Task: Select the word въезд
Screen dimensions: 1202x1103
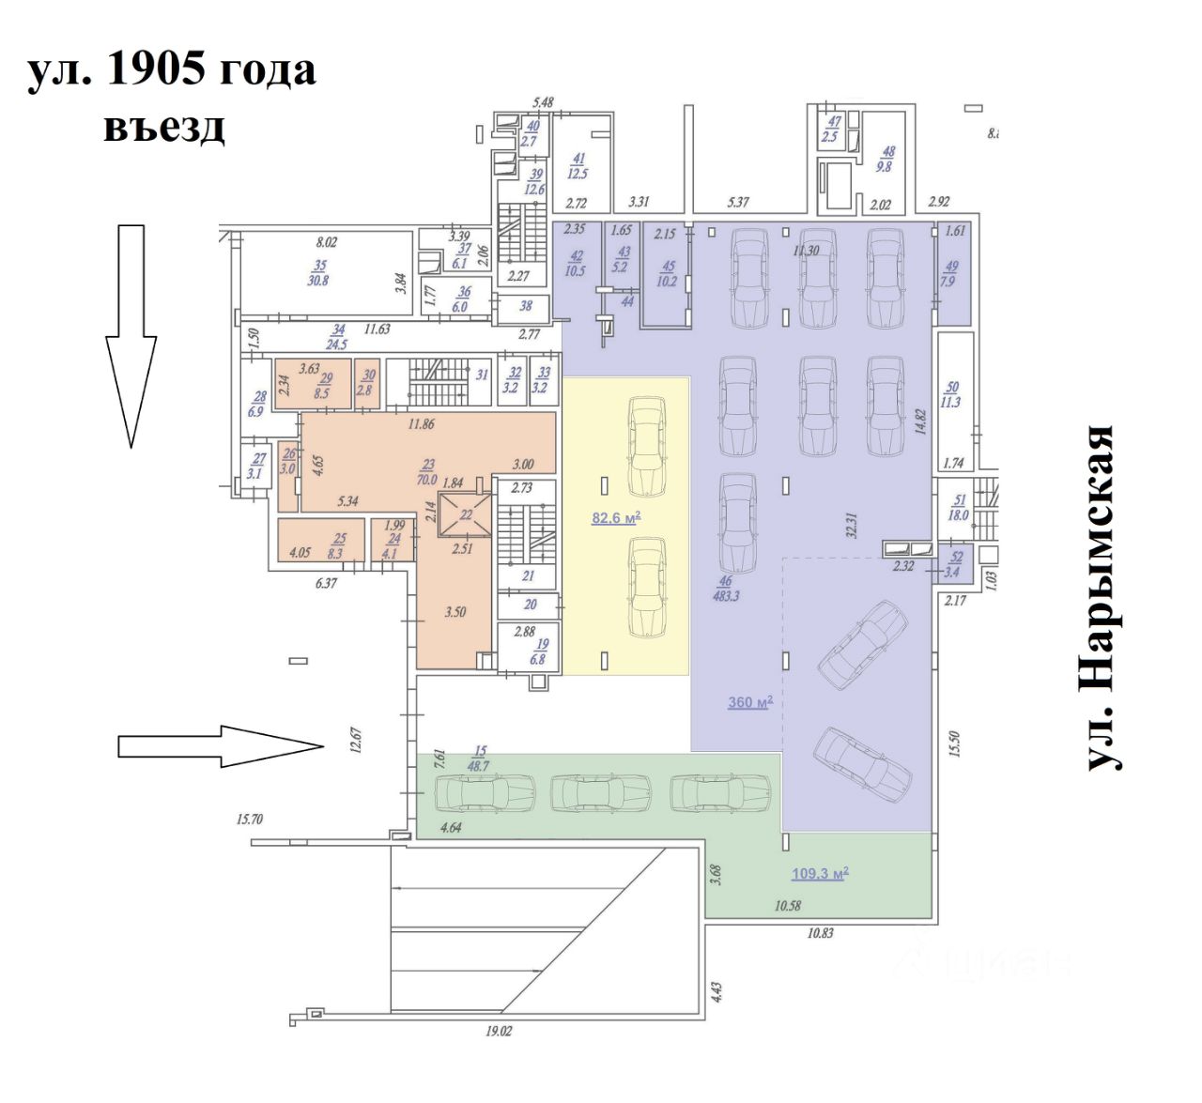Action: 164,126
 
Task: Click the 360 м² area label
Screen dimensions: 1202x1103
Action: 750,702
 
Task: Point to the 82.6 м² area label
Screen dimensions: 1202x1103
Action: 616,517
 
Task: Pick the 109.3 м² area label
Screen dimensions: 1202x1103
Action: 820,874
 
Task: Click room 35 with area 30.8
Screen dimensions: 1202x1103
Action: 319,273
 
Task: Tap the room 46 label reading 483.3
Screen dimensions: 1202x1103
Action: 726,589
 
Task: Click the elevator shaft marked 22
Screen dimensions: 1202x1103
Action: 466,514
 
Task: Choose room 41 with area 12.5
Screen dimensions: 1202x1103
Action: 578,166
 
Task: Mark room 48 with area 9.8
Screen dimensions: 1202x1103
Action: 886,159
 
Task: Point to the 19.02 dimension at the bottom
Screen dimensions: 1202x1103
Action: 499,1031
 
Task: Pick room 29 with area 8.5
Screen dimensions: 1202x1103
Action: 323,386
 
